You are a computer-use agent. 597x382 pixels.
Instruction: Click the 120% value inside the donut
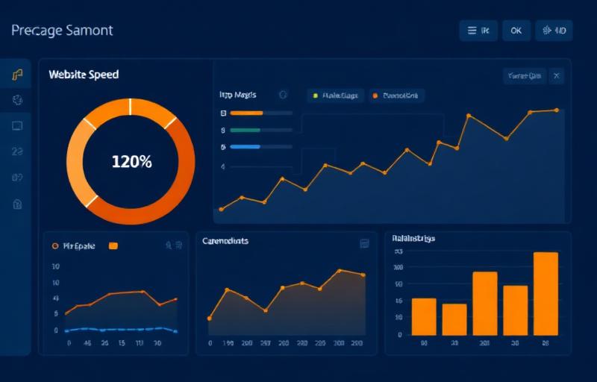(x=131, y=161)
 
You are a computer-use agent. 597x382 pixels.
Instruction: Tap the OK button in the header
(x=516, y=31)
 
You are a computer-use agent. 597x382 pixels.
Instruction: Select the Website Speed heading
(x=84, y=75)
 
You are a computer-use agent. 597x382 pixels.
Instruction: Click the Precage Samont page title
(x=62, y=31)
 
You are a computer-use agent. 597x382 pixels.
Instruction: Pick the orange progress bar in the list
(x=247, y=113)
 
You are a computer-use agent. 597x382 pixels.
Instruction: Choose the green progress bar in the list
(x=246, y=130)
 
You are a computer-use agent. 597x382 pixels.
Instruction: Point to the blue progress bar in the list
(x=246, y=147)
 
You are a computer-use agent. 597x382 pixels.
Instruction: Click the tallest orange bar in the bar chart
(x=546, y=294)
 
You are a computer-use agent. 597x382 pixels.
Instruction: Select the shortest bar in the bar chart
(x=454, y=319)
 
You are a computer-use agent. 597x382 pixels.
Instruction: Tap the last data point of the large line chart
(x=557, y=110)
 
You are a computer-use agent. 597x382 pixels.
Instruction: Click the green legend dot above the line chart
(x=316, y=95)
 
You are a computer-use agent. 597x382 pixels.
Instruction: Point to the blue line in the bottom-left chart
(x=119, y=328)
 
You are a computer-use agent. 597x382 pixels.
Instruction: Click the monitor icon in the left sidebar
(x=17, y=125)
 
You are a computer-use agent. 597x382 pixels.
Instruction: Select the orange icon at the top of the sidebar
(x=17, y=75)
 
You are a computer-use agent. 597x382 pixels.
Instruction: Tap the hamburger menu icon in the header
(x=471, y=31)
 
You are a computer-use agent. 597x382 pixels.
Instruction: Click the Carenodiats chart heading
(x=225, y=241)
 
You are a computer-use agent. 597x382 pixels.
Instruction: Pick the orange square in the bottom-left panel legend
(x=113, y=245)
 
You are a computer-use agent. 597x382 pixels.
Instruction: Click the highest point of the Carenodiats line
(x=339, y=270)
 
